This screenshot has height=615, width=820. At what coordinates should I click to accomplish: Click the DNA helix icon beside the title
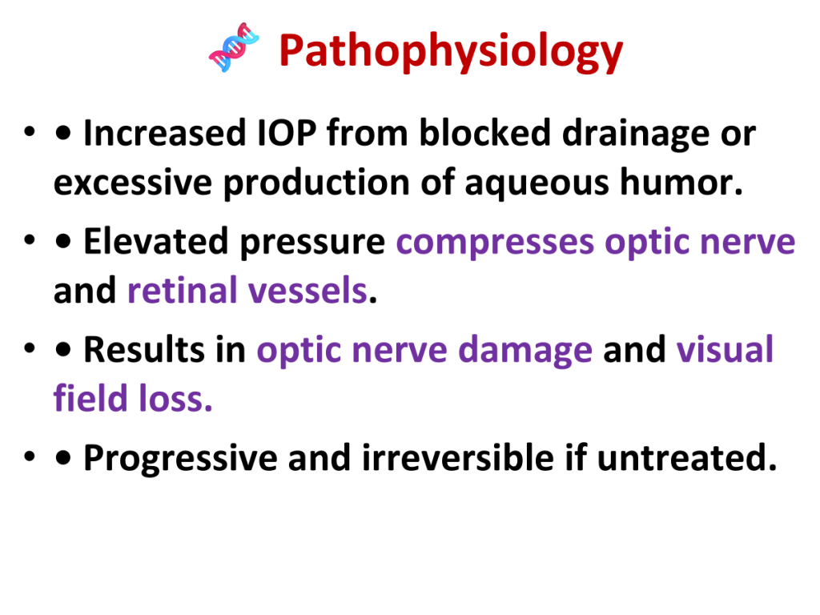[x=234, y=47]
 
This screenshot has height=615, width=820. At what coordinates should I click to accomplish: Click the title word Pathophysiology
[x=451, y=52]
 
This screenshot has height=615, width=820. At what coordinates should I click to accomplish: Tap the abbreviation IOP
[x=287, y=133]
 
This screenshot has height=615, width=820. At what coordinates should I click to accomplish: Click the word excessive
[x=133, y=183]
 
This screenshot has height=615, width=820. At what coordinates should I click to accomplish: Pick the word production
[x=316, y=183]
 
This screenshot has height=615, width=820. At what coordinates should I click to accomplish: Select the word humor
[x=681, y=182]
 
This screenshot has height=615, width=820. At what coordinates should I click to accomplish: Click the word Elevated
[x=156, y=241]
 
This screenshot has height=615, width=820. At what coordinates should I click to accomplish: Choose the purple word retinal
[x=182, y=290]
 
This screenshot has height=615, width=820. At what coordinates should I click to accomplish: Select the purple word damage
[x=525, y=352]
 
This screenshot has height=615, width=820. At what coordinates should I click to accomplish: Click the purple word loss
[x=175, y=399]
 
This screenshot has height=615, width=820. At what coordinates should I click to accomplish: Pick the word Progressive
[x=180, y=459]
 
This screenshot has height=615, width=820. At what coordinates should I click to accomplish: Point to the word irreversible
[x=457, y=457]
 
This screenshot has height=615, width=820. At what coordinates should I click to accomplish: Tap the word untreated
[x=686, y=458]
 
